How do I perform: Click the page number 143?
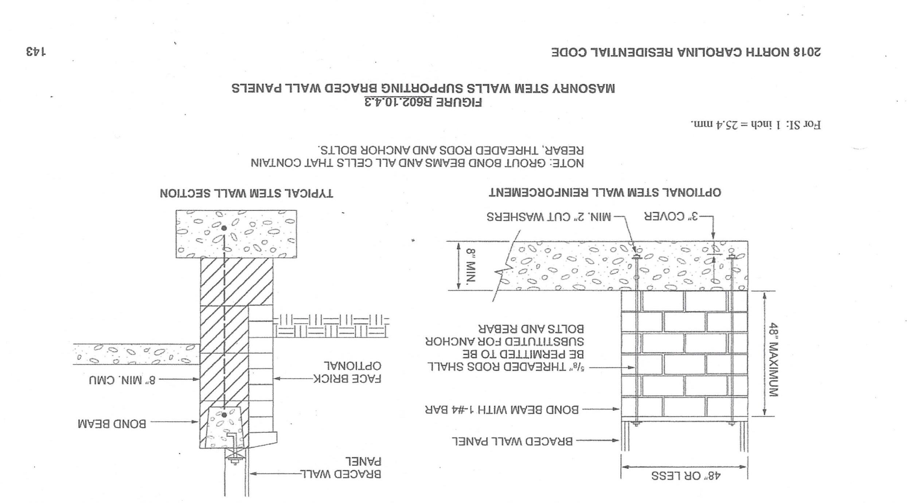point(36,51)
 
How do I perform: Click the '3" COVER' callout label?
point(671,217)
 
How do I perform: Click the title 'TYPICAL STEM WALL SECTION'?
point(246,193)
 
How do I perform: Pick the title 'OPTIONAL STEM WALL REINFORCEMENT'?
point(605,192)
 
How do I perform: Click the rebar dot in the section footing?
point(224,228)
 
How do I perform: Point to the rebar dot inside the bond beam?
point(224,414)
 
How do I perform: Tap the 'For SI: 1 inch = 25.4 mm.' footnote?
point(755,125)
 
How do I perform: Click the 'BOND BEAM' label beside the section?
point(112,424)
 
